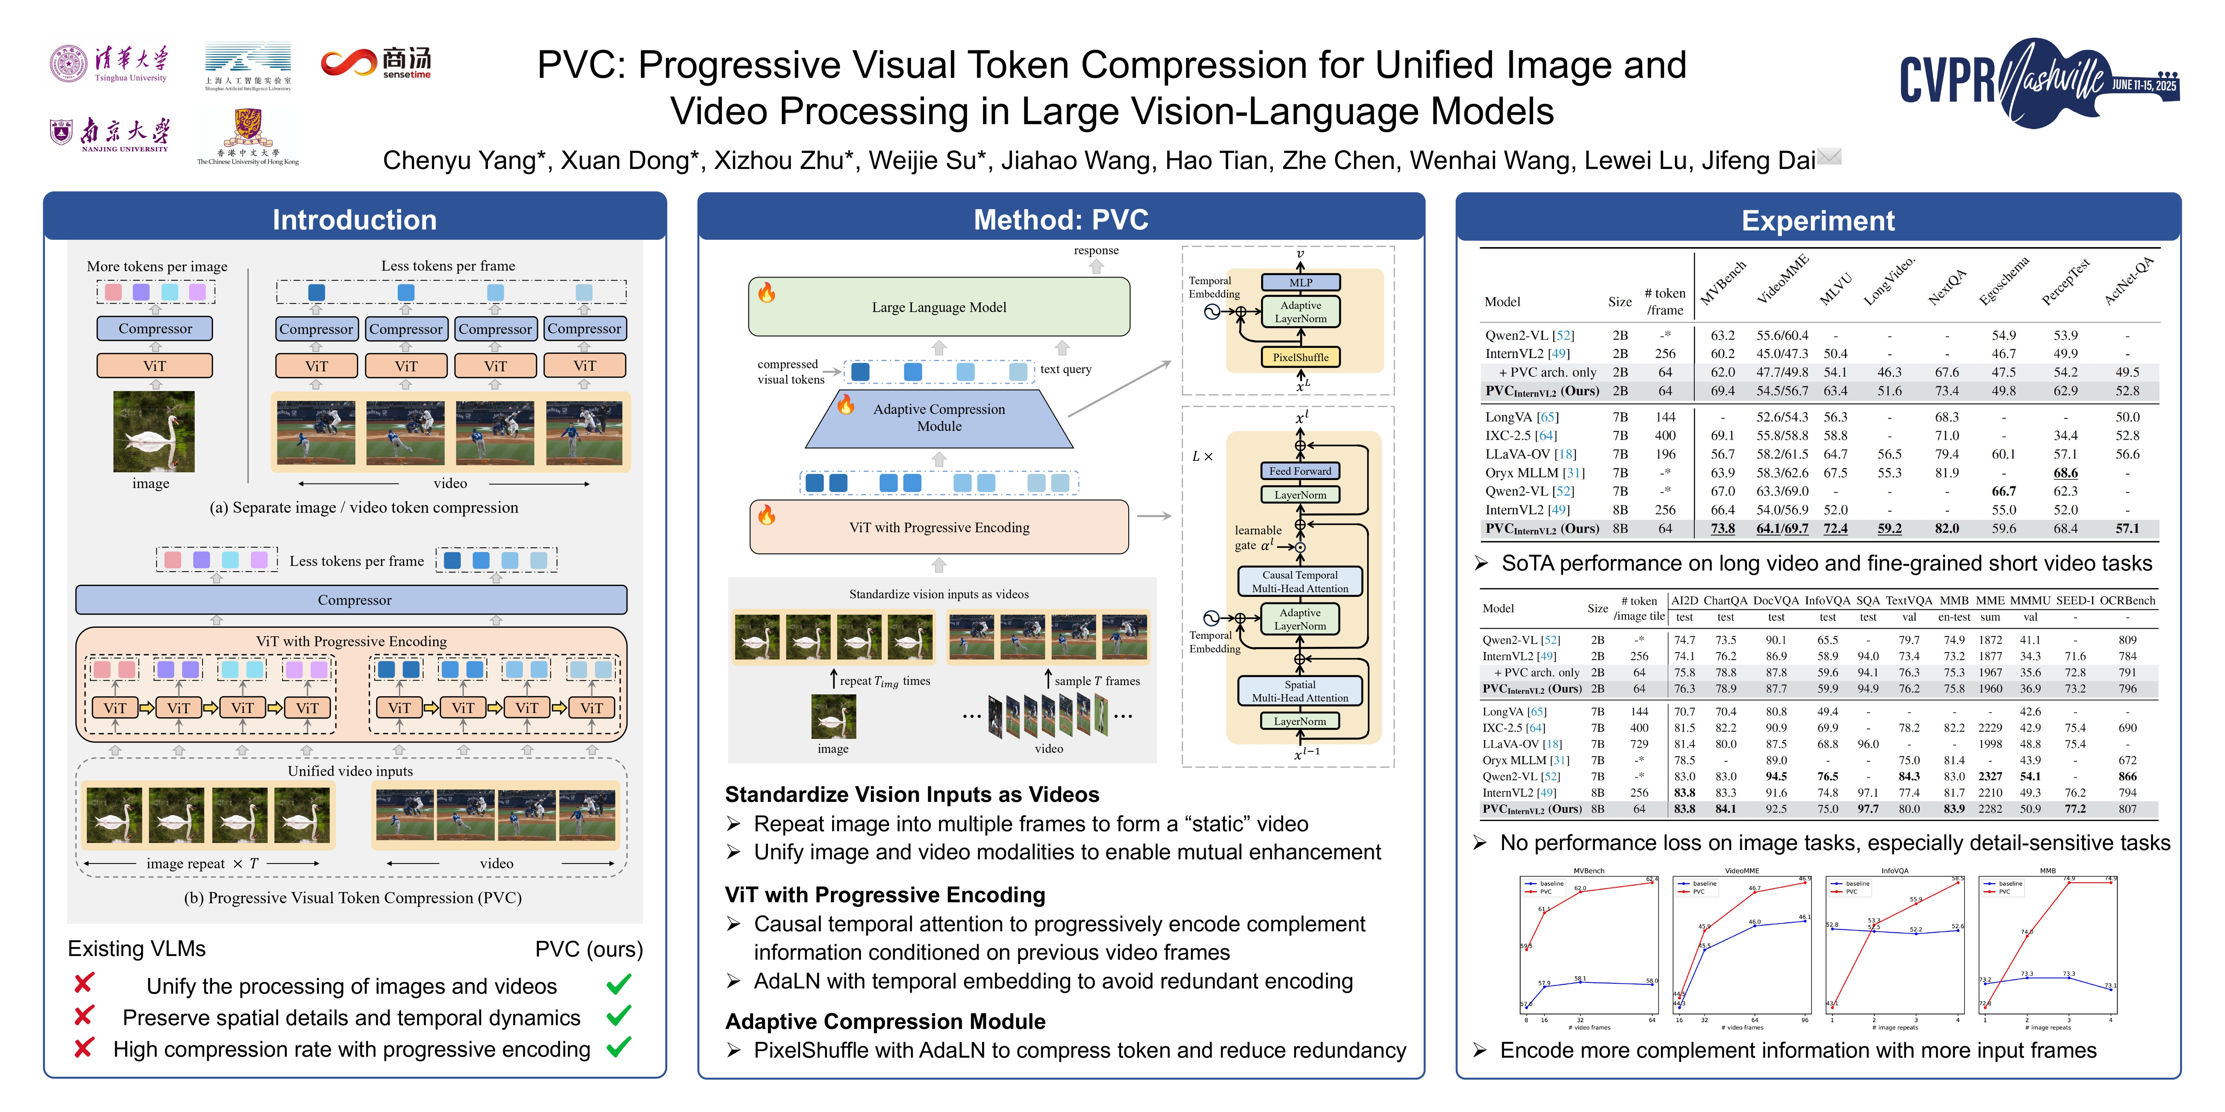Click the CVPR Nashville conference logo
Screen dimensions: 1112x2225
pyautogui.click(x=2039, y=82)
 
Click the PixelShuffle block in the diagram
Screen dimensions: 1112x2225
pyautogui.click(x=1300, y=357)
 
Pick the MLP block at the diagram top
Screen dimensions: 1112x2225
pyautogui.click(x=1300, y=282)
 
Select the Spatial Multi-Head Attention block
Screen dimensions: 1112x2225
pyautogui.click(x=1300, y=691)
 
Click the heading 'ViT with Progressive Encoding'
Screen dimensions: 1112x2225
pyautogui.click(x=884, y=894)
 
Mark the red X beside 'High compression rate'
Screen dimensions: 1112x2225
pyautogui.click(x=84, y=1048)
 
